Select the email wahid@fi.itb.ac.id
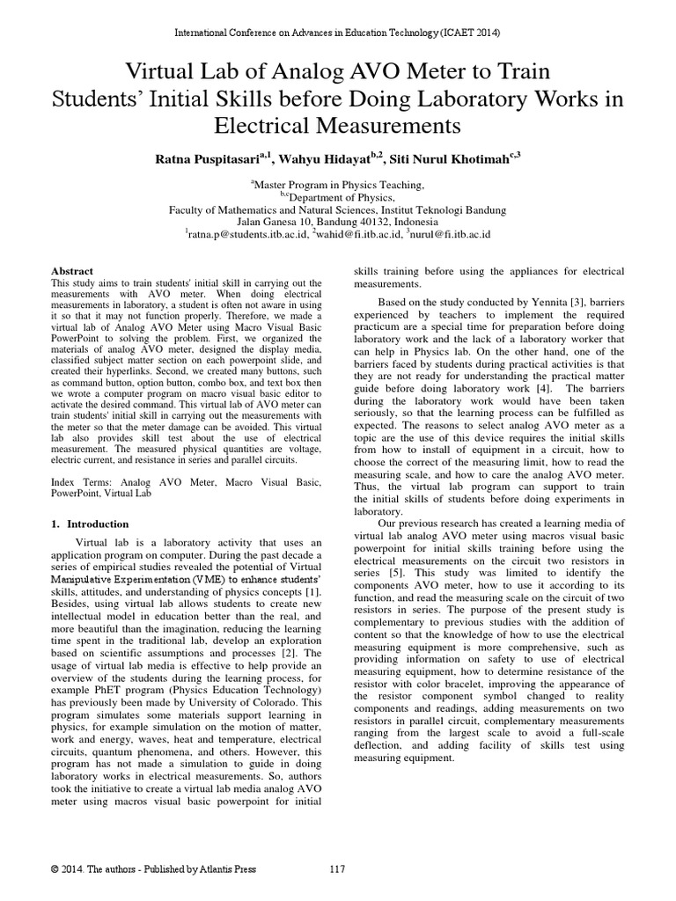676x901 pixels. (x=361, y=235)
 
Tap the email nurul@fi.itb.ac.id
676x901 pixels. (x=452, y=235)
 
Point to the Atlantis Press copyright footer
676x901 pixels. (x=154, y=869)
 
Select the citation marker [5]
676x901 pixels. (x=452, y=571)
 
